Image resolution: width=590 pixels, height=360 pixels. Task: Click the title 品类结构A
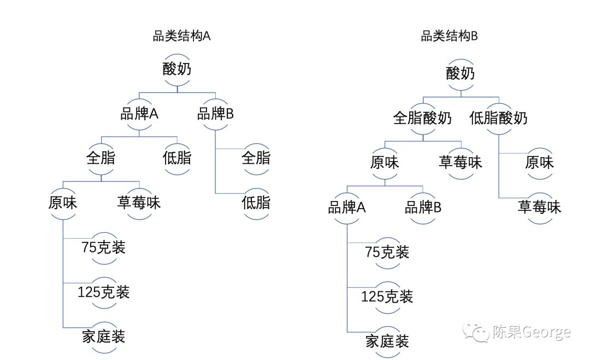click(x=181, y=37)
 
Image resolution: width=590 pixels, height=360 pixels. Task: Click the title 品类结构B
click(x=449, y=37)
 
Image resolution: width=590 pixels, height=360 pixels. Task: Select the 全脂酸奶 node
click(x=422, y=118)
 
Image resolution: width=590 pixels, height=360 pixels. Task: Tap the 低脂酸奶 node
click(x=498, y=118)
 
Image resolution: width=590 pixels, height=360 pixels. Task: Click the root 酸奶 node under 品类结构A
click(x=178, y=70)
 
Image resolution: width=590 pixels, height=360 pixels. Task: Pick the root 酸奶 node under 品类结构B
click(x=461, y=73)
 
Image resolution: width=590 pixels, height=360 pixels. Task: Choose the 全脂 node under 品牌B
click(x=256, y=158)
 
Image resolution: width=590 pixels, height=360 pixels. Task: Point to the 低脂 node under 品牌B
click(x=256, y=203)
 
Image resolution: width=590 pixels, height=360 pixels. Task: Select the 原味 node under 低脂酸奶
click(x=539, y=163)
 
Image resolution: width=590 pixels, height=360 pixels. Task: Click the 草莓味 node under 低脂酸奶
click(x=539, y=208)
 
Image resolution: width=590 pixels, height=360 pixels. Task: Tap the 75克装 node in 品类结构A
click(x=103, y=247)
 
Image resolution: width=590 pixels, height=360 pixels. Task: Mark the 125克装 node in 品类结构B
click(x=387, y=297)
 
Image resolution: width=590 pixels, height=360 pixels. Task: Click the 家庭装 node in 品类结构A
click(x=103, y=337)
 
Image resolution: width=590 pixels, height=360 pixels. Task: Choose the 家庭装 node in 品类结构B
click(x=387, y=342)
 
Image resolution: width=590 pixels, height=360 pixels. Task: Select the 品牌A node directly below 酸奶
click(x=139, y=114)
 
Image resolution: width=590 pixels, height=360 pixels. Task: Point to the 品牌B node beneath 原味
click(x=423, y=208)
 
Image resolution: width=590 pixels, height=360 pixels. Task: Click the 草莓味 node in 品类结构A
click(x=139, y=203)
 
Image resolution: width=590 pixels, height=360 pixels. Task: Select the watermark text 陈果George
click(x=531, y=332)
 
